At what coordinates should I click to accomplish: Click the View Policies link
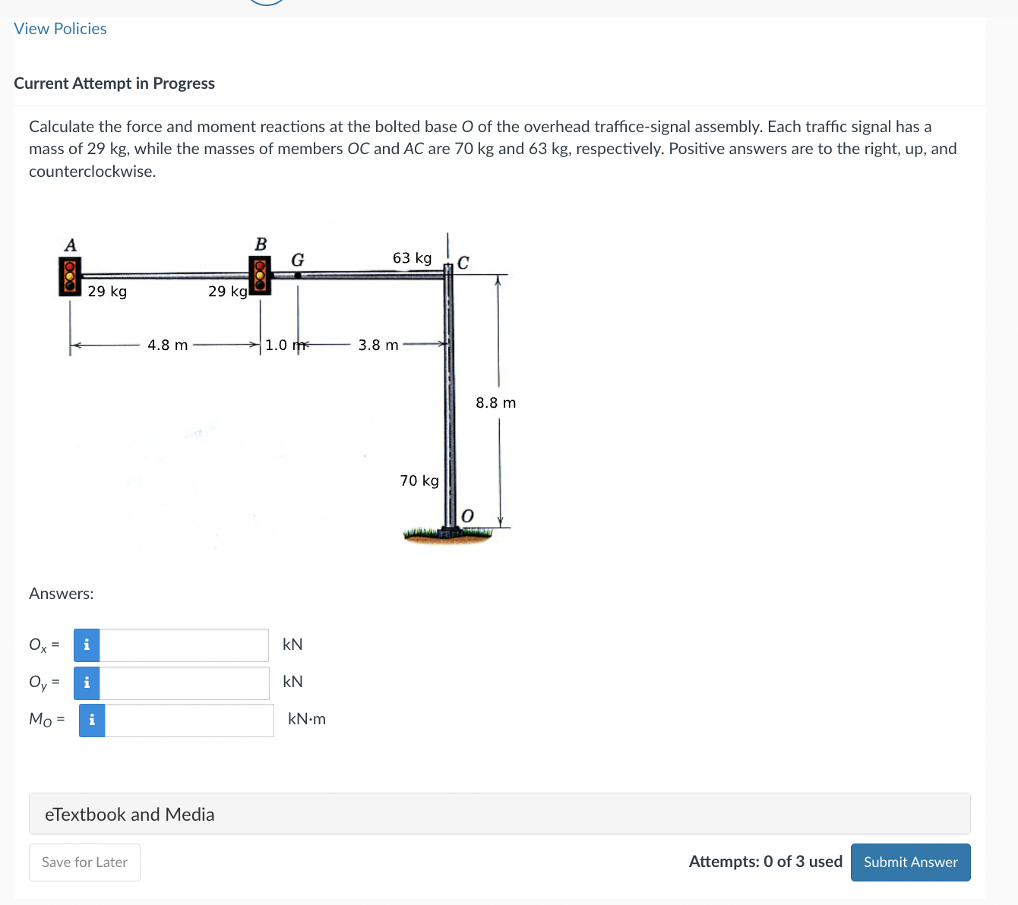click(x=60, y=29)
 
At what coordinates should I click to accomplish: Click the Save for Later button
click(x=84, y=862)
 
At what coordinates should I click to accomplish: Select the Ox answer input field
click(x=184, y=645)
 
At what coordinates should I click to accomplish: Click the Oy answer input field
click(x=184, y=683)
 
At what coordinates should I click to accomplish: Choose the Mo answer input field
click(x=188, y=721)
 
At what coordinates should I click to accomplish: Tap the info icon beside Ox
click(x=87, y=645)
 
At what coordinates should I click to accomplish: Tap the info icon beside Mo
click(x=92, y=721)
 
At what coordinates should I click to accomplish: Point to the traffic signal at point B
click(x=260, y=276)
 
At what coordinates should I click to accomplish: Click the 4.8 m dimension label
click(x=167, y=345)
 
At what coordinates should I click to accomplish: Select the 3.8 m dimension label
click(x=378, y=345)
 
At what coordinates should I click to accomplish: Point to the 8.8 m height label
click(x=495, y=403)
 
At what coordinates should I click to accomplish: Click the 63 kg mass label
click(x=412, y=258)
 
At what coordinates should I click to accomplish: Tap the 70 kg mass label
click(x=419, y=481)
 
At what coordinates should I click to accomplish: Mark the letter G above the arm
click(x=298, y=260)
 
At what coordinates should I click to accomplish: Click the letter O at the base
click(x=467, y=516)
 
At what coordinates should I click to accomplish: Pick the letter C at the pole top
click(x=463, y=263)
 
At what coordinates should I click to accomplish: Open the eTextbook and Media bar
click(x=499, y=814)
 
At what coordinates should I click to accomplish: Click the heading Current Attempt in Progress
click(x=114, y=84)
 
